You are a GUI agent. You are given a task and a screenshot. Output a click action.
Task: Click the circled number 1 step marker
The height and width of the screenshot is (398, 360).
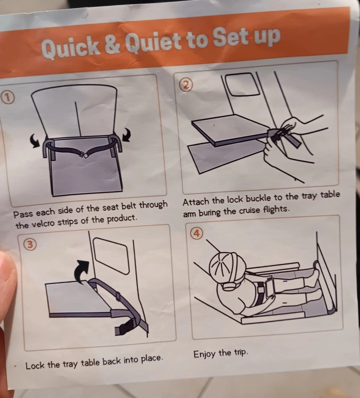coord(7,98)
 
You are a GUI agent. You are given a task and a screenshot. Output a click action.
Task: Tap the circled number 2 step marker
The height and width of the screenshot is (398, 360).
coord(187,86)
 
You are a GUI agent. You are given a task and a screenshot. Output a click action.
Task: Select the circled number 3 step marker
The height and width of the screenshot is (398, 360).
coord(30,244)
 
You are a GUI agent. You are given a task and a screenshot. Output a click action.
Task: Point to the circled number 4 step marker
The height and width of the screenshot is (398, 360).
coord(197,233)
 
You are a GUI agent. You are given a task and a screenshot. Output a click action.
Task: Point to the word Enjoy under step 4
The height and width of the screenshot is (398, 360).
coord(205,354)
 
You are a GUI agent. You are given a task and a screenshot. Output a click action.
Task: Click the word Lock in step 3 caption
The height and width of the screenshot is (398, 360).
coord(35,366)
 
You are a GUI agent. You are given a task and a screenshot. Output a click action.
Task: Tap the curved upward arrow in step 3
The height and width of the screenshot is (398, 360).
coord(82,271)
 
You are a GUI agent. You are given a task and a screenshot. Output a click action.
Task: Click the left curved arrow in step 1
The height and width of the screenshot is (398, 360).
coord(35,140)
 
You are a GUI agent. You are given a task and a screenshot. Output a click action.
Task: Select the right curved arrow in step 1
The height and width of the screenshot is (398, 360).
coord(127,134)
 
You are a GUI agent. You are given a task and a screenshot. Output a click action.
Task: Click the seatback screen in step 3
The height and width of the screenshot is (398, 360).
coord(111,255)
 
